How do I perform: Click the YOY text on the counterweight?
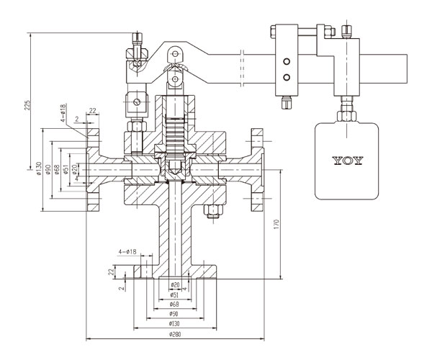(348, 161)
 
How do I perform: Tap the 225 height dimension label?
(27, 104)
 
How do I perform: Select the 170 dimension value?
(277, 225)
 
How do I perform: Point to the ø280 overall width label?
(175, 334)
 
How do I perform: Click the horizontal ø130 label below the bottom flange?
(175, 324)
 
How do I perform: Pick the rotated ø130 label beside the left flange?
(39, 168)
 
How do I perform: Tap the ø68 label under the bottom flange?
(174, 305)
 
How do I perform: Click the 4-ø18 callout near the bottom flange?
(127, 252)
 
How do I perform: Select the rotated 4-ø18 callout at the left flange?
(63, 113)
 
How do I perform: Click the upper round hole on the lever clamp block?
(287, 61)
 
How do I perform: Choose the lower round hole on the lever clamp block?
(287, 78)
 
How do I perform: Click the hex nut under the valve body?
(213, 211)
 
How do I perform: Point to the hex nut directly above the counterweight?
(346, 116)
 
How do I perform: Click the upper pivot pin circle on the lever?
(175, 53)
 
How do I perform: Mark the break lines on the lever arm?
(242, 68)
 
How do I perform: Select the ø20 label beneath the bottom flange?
(175, 285)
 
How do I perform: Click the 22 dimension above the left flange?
(93, 110)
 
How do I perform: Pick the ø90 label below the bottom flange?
(174, 314)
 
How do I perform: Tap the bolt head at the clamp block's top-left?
(273, 32)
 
